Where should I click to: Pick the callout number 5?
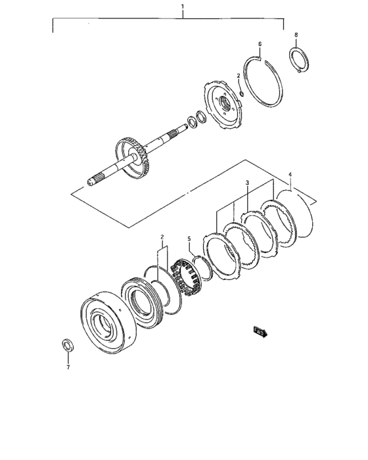point(189,239)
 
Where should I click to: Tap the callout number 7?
point(68,367)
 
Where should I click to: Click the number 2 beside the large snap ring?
point(238,76)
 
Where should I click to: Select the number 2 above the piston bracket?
point(162,237)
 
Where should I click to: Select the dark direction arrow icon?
point(259,332)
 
